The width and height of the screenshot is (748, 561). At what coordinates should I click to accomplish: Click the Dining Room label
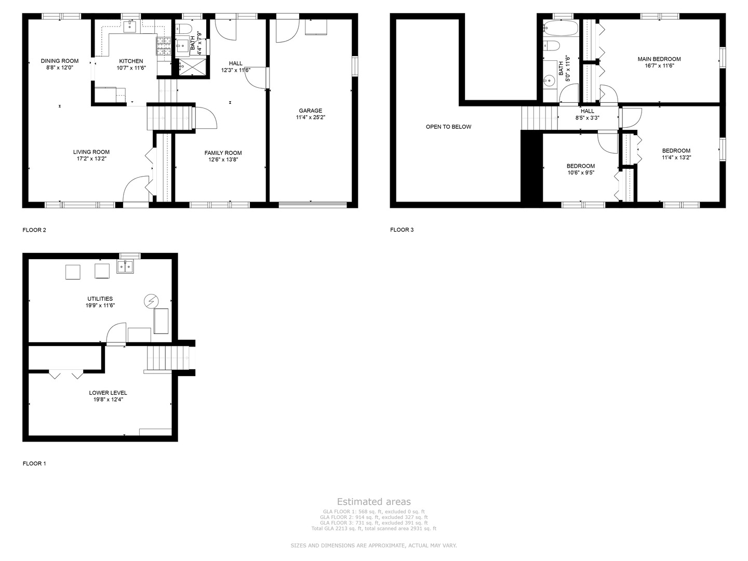pyautogui.click(x=60, y=61)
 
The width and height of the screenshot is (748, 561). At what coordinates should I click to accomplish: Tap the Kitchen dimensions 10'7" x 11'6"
pyautogui.click(x=131, y=68)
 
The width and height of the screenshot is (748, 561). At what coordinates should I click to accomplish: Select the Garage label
pyautogui.click(x=310, y=111)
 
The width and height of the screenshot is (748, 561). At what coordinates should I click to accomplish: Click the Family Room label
pyautogui.click(x=223, y=153)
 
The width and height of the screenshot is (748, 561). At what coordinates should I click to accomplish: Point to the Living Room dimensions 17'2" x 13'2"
pyautogui.click(x=91, y=159)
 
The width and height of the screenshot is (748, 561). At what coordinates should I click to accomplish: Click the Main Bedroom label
pyautogui.click(x=659, y=59)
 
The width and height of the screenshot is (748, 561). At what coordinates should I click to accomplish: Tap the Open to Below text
pyautogui.click(x=448, y=127)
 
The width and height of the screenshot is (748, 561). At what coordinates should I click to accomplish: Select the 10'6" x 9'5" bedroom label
pyautogui.click(x=580, y=166)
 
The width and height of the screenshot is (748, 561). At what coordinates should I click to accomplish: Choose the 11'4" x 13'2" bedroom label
pyautogui.click(x=676, y=151)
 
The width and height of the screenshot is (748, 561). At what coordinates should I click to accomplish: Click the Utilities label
pyautogui.click(x=100, y=299)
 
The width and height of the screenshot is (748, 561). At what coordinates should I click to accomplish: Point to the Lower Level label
pyautogui.click(x=108, y=393)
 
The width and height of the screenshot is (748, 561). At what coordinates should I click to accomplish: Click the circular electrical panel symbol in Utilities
pyautogui.click(x=151, y=301)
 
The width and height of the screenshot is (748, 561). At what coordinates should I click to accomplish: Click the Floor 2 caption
pyautogui.click(x=34, y=230)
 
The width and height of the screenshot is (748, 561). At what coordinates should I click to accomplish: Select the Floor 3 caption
pyautogui.click(x=402, y=230)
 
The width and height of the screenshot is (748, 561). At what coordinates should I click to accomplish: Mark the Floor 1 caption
pyautogui.click(x=34, y=463)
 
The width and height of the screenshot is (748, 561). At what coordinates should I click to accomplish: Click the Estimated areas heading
pyautogui.click(x=373, y=502)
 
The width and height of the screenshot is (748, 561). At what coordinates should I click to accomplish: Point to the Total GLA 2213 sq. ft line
pyautogui.click(x=373, y=529)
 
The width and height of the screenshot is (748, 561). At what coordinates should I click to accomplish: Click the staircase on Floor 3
pyautogui.click(x=539, y=117)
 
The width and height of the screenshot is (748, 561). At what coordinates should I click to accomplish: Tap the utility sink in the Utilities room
pyautogui.click(x=125, y=267)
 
